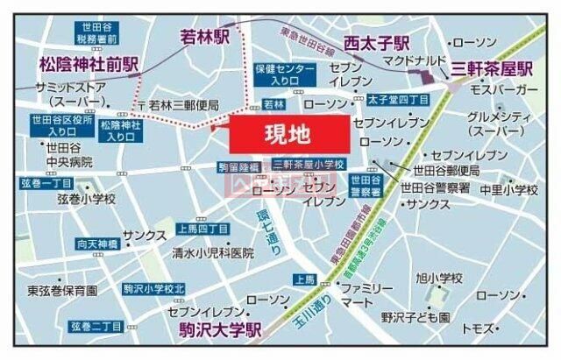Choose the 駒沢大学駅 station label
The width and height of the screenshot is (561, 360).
[x=211, y=330]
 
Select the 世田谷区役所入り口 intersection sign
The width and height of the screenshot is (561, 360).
[x=59, y=125]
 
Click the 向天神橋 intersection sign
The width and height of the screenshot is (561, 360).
[x=96, y=219]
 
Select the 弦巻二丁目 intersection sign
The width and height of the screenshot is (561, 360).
[x=96, y=327]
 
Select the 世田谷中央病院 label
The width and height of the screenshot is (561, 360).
[x=61, y=155]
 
